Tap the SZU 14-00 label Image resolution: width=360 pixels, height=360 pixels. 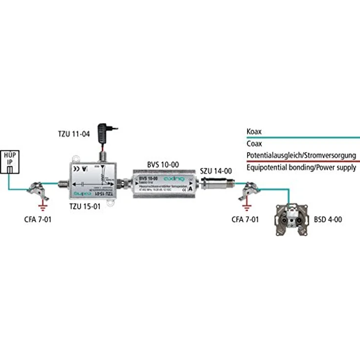pos(216,171)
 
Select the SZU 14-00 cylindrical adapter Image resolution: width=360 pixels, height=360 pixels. pos(215,185)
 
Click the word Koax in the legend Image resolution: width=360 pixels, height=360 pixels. pos(254,132)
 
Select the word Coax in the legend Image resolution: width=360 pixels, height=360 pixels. pos(255,144)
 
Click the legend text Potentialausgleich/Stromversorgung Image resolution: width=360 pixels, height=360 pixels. pos(301,156)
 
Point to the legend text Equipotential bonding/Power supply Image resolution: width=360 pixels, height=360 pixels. pos(301,168)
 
